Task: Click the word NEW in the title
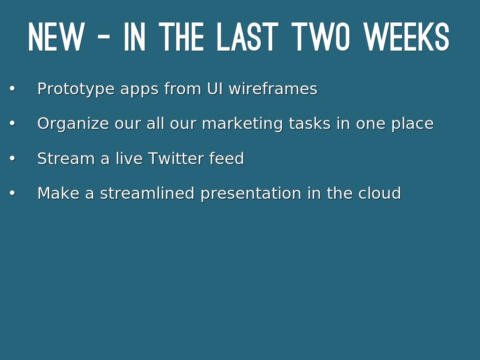pyautogui.click(x=56, y=37)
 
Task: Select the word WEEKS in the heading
pyautogui.click(x=406, y=37)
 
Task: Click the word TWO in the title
pyautogui.click(x=321, y=37)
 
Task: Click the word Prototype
pyautogui.click(x=76, y=89)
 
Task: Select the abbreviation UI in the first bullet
pyautogui.click(x=215, y=89)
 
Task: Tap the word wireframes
pyautogui.click(x=273, y=89)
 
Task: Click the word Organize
pyautogui.click(x=73, y=124)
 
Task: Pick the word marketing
pyautogui.click(x=242, y=124)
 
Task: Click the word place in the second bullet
pyautogui.click(x=412, y=124)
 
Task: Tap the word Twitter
pyautogui.click(x=176, y=158)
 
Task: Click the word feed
pyautogui.click(x=226, y=158)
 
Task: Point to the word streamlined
pyautogui.click(x=147, y=193)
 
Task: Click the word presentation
pyautogui.click(x=251, y=194)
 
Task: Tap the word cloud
pyautogui.click(x=380, y=193)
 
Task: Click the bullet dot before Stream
pyautogui.click(x=12, y=158)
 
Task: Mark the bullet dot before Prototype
pyautogui.click(x=12, y=89)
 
